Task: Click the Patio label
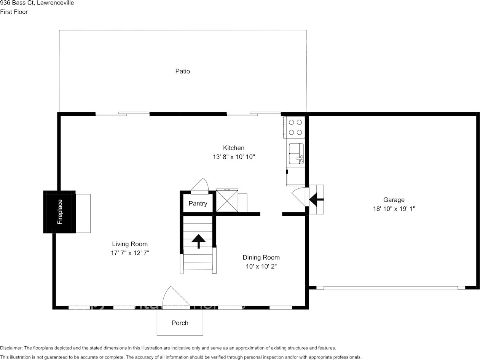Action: (x=182, y=71)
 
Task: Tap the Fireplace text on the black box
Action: (x=60, y=212)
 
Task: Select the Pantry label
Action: (x=198, y=204)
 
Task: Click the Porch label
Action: (x=180, y=323)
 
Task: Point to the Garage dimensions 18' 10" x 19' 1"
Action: (x=394, y=209)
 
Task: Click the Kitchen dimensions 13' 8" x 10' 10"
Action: (x=233, y=157)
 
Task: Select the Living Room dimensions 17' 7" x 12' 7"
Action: (x=130, y=253)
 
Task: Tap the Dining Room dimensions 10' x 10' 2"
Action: (x=261, y=266)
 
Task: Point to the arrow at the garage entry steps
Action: (x=316, y=199)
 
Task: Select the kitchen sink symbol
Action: (x=296, y=153)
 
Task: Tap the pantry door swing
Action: (x=200, y=186)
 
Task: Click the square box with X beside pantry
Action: (x=227, y=201)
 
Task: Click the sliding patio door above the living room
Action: (x=123, y=113)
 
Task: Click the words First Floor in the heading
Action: (x=14, y=12)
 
